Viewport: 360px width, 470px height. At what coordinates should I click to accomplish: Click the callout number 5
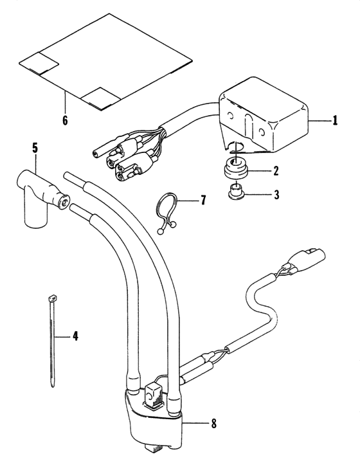pyautogui.click(x=34, y=148)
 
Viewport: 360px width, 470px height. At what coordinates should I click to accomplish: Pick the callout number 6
pyautogui.click(x=64, y=120)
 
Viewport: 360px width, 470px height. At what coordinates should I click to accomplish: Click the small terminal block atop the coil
pyautogui.click(x=153, y=395)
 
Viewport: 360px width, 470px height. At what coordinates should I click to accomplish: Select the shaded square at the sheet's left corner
pyautogui.click(x=40, y=62)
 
